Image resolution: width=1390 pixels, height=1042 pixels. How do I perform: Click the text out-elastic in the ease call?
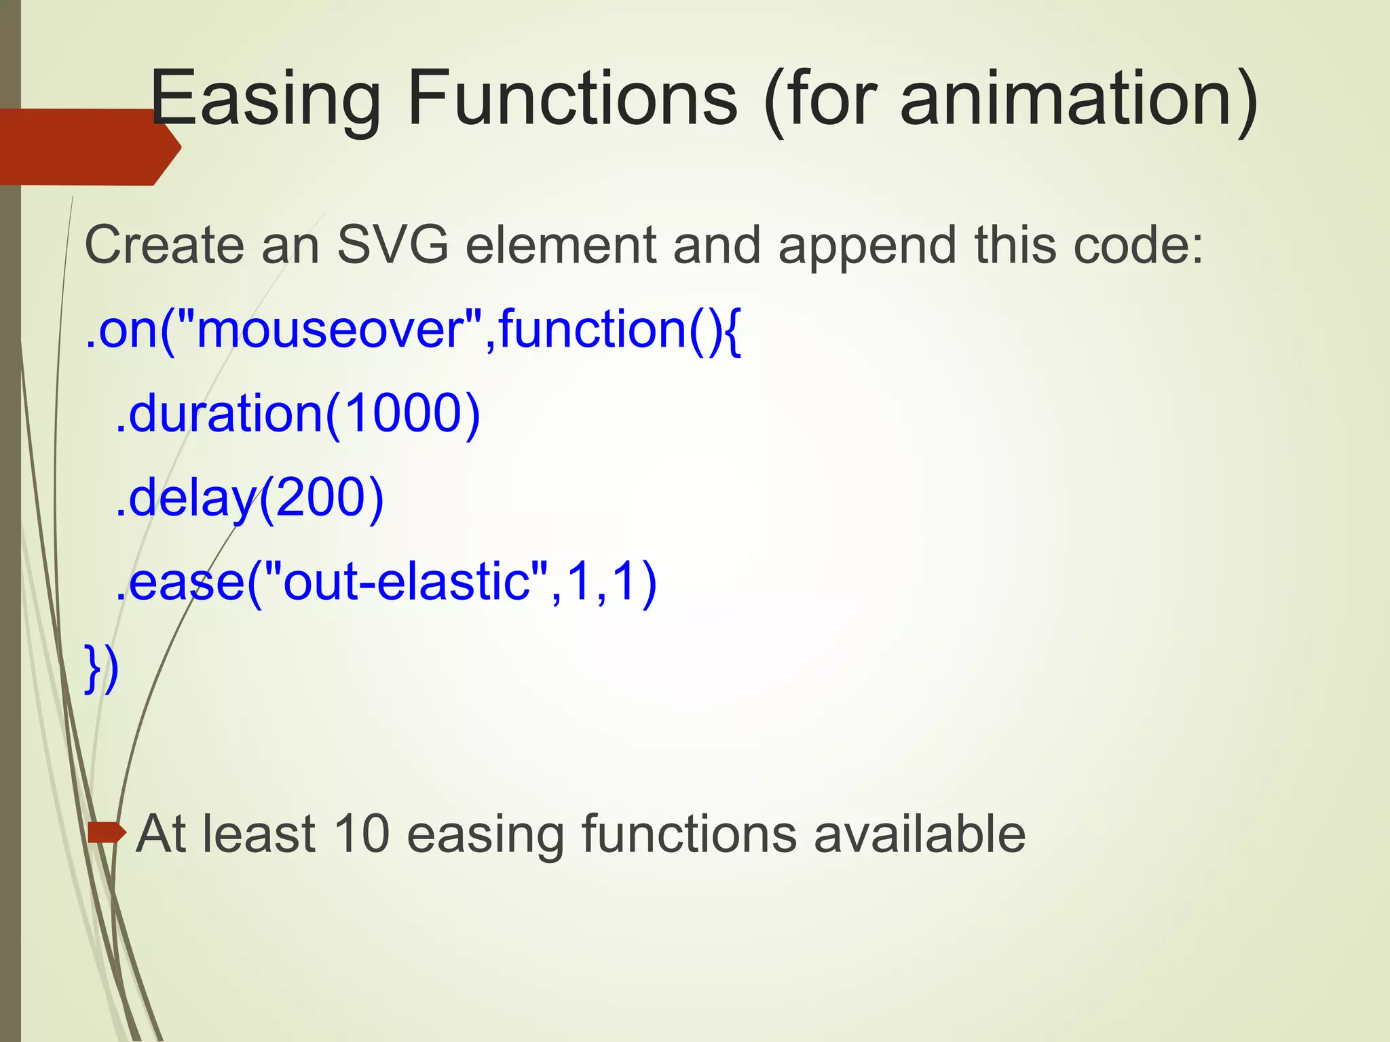click(407, 581)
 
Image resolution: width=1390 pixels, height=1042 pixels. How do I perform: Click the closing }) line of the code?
click(102, 668)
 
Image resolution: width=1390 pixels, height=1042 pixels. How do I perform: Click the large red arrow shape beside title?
click(88, 147)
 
